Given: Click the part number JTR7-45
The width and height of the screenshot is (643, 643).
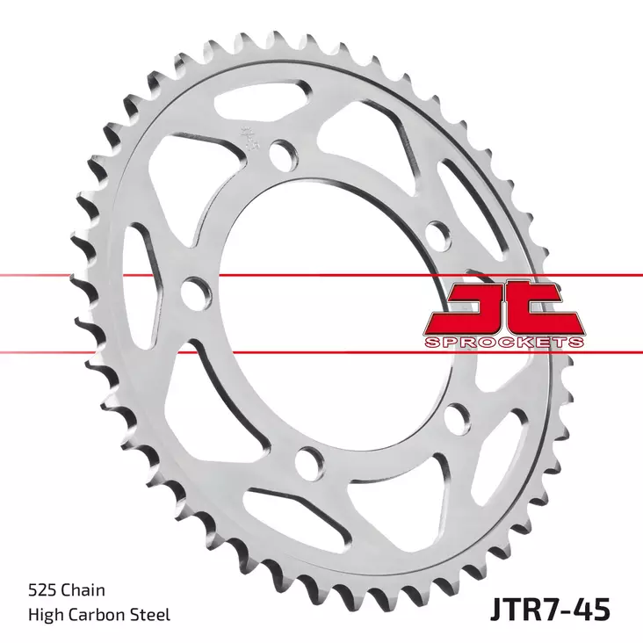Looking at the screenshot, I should (x=544, y=608).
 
